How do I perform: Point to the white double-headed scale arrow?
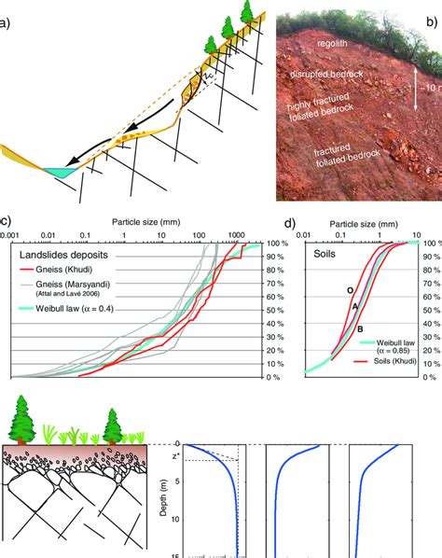(x=415, y=100)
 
